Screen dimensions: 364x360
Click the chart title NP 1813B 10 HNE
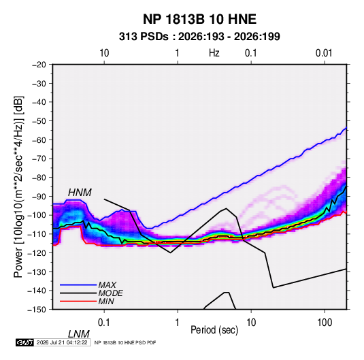(199, 19)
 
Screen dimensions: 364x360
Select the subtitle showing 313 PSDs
(199, 37)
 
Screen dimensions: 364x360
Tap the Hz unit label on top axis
(214, 53)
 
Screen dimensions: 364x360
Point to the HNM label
(80, 193)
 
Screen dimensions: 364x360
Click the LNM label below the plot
(78, 334)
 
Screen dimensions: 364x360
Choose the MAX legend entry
(107, 284)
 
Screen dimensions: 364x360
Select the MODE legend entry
(110, 293)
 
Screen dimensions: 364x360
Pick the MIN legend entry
(106, 301)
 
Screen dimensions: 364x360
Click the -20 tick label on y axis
(39, 65)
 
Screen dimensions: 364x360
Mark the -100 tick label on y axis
(37, 215)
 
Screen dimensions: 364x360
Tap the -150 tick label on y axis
(37, 310)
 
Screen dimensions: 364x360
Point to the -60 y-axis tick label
(39, 140)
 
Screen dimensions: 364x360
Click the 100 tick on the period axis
(325, 322)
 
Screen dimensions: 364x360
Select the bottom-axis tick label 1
(178, 322)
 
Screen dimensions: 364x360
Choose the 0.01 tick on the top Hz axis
(324, 53)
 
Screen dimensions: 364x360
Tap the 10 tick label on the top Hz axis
(104, 53)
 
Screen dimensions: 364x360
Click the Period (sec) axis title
(214, 330)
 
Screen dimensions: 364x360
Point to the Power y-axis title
(18, 187)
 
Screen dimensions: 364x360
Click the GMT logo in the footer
(25, 342)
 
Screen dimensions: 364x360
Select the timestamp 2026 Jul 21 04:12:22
(62, 342)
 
